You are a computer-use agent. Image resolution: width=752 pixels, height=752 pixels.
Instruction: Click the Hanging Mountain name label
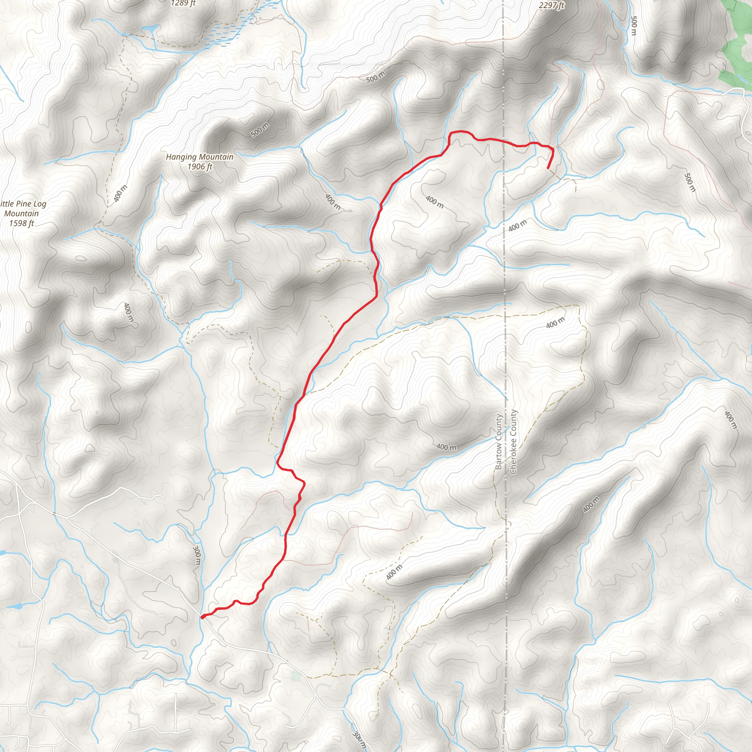pyautogui.click(x=200, y=157)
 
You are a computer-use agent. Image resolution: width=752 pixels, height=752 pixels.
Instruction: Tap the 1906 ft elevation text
pyautogui.click(x=200, y=167)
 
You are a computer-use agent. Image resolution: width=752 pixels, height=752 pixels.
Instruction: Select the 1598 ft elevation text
pyautogui.click(x=22, y=223)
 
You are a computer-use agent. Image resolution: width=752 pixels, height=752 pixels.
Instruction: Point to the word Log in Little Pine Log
pyautogui.click(x=40, y=203)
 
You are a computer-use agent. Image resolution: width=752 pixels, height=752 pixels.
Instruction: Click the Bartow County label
pyautogui.click(x=499, y=442)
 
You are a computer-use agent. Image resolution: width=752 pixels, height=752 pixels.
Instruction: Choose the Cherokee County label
pyautogui.click(x=513, y=442)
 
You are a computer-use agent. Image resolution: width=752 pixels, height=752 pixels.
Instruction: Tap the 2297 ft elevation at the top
pyautogui.click(x=552, y=6)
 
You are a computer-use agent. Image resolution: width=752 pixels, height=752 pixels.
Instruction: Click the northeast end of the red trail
pyautogui.click(x=548, y=169)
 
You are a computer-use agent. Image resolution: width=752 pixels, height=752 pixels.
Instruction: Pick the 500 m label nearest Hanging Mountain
pyautogui.click(x=260, y=130)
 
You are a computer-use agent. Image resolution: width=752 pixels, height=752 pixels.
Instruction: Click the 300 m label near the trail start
pyautogui.click(x=197, y=556)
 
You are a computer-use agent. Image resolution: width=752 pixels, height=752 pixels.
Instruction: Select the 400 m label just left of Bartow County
pyautogui.click(x=446, y=447)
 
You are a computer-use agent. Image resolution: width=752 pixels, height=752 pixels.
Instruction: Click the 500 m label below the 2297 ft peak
pyautogui.click(x=633, y=26)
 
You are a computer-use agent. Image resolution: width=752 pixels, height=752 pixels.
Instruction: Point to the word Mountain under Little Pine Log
pyautogui.click(x=21, y=214)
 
